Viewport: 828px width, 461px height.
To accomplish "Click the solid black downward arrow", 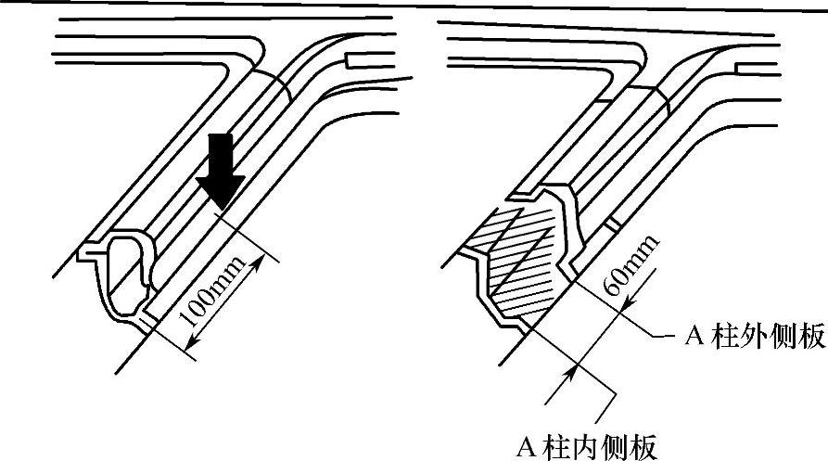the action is [x=223, y=170].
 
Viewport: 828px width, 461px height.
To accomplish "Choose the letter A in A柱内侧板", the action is [x=527, y=448].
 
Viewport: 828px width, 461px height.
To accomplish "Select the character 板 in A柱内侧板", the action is [x=647, y=447].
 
